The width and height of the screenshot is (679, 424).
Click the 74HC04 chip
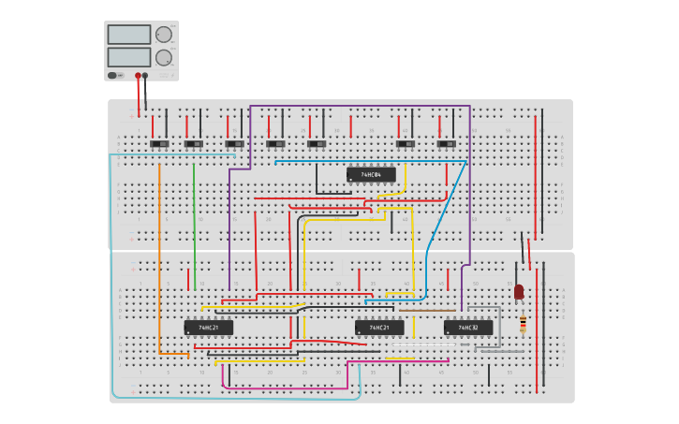click(x=371, y=174)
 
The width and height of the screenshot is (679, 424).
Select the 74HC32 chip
click(x=468, y=328)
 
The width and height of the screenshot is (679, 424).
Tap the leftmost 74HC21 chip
click(x=208, y=328)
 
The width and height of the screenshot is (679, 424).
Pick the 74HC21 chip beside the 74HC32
click(x=379, y=328)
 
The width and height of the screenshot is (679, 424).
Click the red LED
click(x=519, y=292)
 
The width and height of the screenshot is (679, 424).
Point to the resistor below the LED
click(x=523, y=324)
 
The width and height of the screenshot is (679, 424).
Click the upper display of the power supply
click(x=128, y=35)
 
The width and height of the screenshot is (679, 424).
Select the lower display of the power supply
click(x=128, y=57)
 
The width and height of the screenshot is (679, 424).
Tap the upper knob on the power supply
click(x=163, y=35)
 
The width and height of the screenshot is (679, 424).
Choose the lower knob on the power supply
click(x=163, y=57)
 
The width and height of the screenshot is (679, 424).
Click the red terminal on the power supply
click(x=138, y=76)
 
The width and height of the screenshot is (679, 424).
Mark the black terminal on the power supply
click(x=145, y=76)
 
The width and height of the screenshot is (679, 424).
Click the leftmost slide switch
click(x=159, y=143)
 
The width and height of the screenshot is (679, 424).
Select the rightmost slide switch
click(x=446, y=143)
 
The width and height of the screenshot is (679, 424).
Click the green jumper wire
click(x=194, y=225)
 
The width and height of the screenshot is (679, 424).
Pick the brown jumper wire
click(x=426, y=310)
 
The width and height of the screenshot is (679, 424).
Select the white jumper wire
click(x=421, y=345)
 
